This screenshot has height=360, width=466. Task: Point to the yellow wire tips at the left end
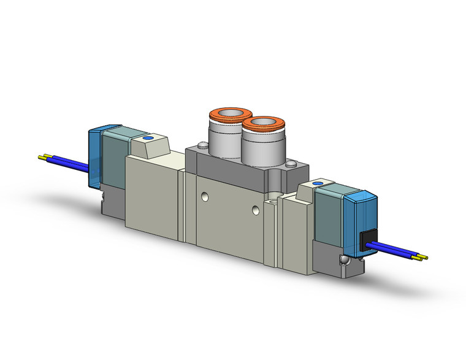click(44, 157)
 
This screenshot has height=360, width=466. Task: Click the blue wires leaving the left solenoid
click(67, 162)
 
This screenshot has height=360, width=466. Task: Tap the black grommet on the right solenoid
click(367, 240)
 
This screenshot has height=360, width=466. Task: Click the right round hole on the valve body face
click(255, 211)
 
